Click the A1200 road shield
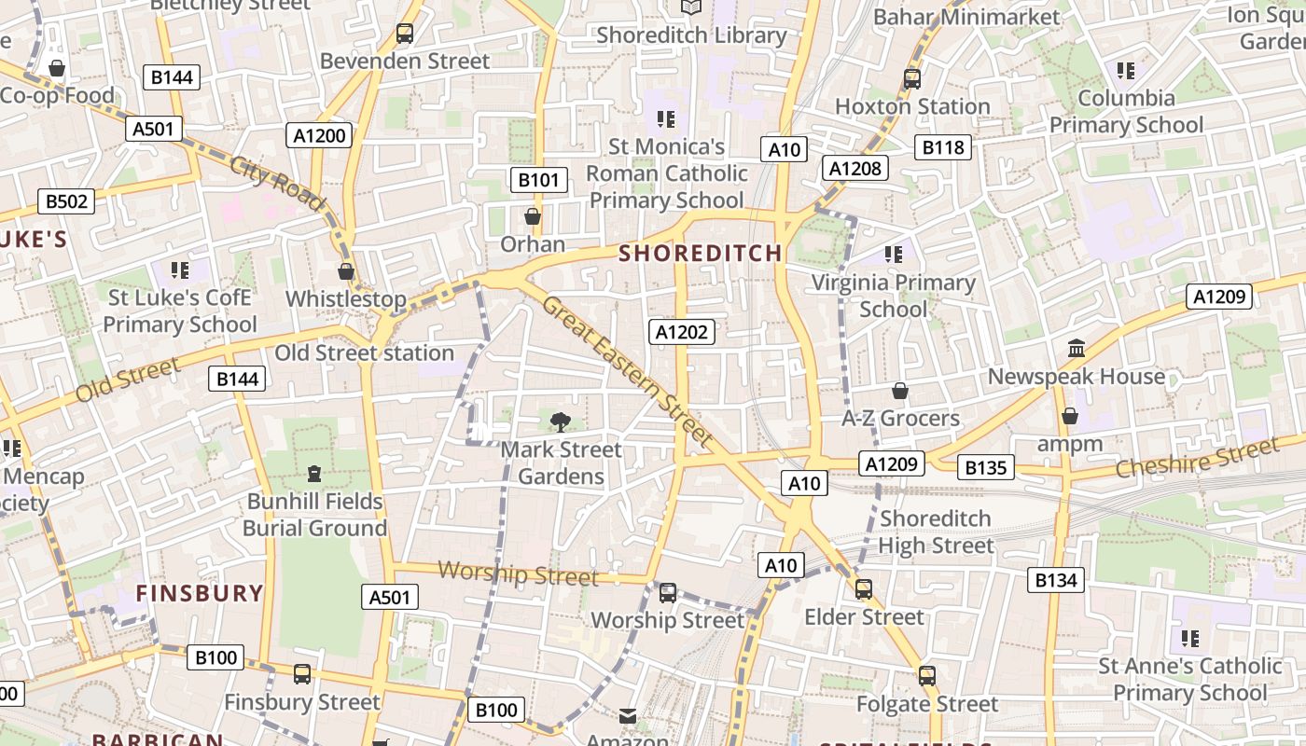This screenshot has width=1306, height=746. pyautogui.click(x=320, y=135)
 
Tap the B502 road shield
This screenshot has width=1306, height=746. pyautogui.click(x=66, y=201)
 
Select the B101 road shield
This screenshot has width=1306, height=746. pyautogui.click(x=539, y=180)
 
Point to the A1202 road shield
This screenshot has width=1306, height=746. pyautogui.click(x=683, y=332)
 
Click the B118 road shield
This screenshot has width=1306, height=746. pyautogui.click(x=943, y=146)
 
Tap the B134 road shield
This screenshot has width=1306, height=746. pyautogui.click(x=1056, y=580)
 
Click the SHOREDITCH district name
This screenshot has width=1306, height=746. pyautogui.click(x=700, y=253)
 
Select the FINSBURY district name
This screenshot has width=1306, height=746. pyautogui.click(x=200, y=593)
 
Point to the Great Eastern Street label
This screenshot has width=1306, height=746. pyautogui.click(x=627, y=370)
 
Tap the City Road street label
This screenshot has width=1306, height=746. pyautogui.click(x=276, y=183)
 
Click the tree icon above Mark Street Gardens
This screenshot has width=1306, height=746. pyautogui.click(x=560, y=422)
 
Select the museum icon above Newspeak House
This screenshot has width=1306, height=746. pyautogui.click(x=1077, y=349)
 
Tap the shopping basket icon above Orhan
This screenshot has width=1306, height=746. pyautogui.click(x=533, y=216)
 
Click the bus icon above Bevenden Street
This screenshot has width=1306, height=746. pyautogui.click(x=405, y=34)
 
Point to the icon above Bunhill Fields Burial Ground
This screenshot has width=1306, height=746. pyautogui.click(x=314, y=474)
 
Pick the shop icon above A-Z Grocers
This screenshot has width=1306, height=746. pyautogui.click(x=900, y=390)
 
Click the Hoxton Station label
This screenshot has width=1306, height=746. pyautogui.click(x=912, y=106)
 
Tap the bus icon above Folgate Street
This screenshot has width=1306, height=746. pyautogui.click(x=926, y=675)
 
